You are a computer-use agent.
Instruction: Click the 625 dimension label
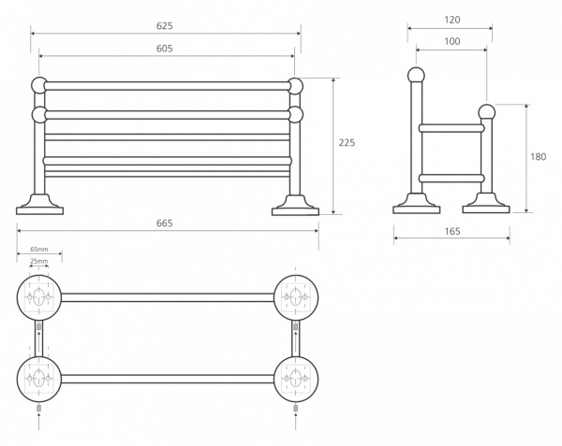pyautogui.click(x=165, y=26)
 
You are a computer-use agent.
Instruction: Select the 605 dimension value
pyautogui.click(x=165, y=49)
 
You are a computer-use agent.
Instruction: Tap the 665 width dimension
pyautogui.click(x=165, y=223)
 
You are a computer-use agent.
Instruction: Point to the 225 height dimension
pyautogui.click(x=347, y=143)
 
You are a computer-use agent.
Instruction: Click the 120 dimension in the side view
pyautogui.click(x=452, y=20)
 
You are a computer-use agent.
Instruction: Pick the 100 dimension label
pyautogui.click(x=452, y=41)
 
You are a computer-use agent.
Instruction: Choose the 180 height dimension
pyautogui.click(x=538, y=157)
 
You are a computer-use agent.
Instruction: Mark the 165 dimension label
pyautogui.click(x=452, y=231)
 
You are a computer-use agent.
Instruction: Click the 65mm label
pyautogui.click(x=39, y=249)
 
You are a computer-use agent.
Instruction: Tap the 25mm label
pyautogui.click(x=38, y=261)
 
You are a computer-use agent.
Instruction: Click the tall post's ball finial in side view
pyautogui.click(x=416, y=76)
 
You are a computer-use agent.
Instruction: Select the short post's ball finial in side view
pyautogui.click(x=487, y=112)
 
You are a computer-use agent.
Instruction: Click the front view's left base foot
pyautogui.click(x=39, y=206)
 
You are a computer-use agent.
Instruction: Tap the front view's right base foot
pyautogui.click(x=295, y=206)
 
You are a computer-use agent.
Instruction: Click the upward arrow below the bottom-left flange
pyautogui.click(x=39, y=422)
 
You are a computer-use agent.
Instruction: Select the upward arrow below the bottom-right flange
pyautogui.click(x=296, y=422)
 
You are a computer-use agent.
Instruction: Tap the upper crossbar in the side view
pyautogui.click(x=451, y=128)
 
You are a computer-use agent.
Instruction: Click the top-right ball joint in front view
pyautogui.click(x=296, y=86)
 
